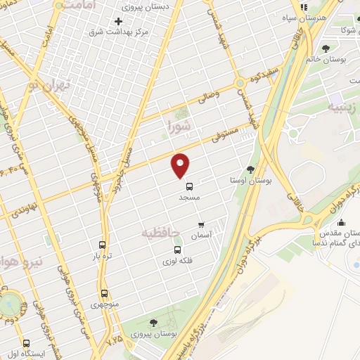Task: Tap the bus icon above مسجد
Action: click(189, 186)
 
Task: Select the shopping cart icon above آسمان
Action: click(202, 226)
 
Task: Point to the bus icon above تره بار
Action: click(103, 245)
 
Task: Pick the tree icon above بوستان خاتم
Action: click(326, 48)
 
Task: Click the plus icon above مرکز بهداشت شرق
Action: click(118, 21)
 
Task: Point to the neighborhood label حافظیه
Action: click(161, 232)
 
